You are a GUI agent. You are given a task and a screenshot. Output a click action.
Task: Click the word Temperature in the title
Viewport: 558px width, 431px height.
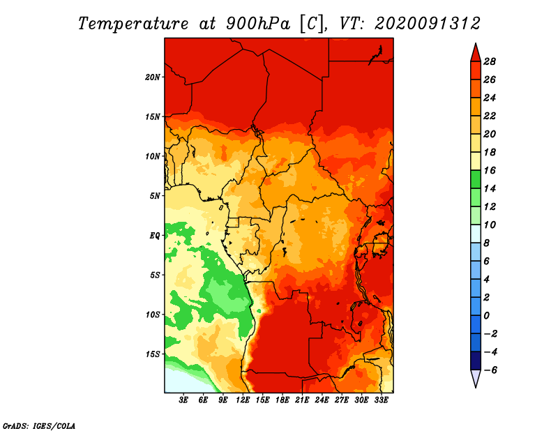[133, 24]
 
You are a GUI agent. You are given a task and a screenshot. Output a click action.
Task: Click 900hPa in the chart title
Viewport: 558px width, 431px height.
[257, 24]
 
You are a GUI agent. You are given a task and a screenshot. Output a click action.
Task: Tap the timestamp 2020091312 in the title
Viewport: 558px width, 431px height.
[428, 24]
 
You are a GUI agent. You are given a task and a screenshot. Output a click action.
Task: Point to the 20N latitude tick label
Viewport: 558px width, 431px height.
[153, 77]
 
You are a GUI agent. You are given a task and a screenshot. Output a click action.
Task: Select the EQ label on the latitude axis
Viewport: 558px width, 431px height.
[154, 236]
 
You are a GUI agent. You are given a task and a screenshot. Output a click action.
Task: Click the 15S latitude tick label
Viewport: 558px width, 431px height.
[153, 354]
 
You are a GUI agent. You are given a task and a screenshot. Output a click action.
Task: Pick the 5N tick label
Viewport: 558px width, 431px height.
[155, 196]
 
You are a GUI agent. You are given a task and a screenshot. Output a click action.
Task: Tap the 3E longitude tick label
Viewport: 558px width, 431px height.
[183, 400]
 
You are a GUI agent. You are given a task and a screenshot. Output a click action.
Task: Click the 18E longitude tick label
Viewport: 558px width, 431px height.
[282, 400]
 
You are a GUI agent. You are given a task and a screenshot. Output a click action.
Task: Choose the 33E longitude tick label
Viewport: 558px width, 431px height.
[381, 400]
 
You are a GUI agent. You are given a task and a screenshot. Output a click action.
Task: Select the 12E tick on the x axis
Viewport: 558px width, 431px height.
[243, 400]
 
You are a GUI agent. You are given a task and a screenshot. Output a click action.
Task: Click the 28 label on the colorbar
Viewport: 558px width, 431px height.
[490, 61]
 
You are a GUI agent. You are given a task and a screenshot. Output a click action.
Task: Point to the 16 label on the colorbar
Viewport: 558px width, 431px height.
[490, 170]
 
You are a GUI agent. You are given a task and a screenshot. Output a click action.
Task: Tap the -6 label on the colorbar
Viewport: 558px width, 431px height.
[490, 370]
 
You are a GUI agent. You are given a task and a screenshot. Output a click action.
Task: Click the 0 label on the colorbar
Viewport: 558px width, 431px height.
[486, 316]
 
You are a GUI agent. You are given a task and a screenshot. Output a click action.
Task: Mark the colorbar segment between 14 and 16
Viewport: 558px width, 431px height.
[476, 179]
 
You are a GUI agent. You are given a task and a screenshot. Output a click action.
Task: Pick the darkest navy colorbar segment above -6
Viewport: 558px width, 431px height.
[476, 361]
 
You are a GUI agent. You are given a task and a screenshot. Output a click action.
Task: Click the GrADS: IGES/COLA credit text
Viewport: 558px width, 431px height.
[39, 426]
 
